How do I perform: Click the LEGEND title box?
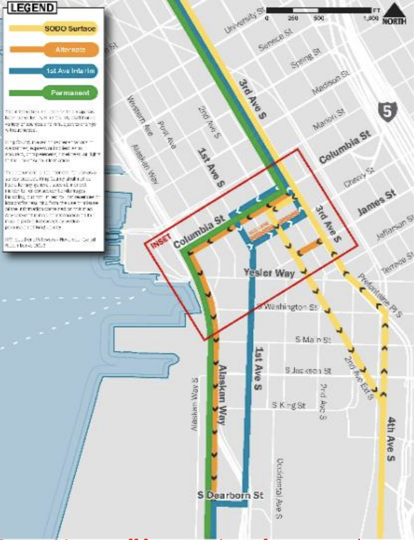[x=32, y=8]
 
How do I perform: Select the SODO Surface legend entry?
[x=70, y=29]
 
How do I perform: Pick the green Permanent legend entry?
[x=70, y=92]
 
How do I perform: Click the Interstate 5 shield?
[x=387, y=112]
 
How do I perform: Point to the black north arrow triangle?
[x=394, y=10]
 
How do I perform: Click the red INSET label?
[x=161, y=241]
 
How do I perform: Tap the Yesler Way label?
[x=269, y=273]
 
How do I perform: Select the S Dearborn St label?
[x=230, y=495]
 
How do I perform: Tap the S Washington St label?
[x=287, y=307]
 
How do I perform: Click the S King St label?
[x=289, y=405]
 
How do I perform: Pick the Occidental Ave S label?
[x=279, y=488]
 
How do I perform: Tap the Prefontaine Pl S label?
[x=380, y=295]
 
